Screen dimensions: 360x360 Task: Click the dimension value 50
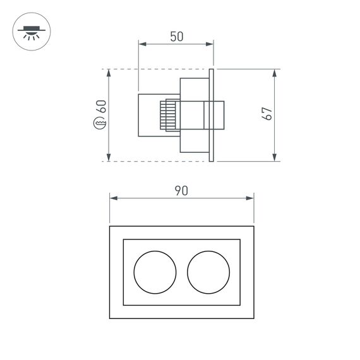coord(176,37)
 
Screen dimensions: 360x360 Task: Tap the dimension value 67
coord(267,114)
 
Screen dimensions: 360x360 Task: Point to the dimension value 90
coord(181,190)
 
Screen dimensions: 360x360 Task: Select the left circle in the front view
coord(155,272)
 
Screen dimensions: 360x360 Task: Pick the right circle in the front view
coord(208,272)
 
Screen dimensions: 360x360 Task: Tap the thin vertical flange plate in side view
coord(212,114)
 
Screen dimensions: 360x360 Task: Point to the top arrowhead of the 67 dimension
coord(275,73)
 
